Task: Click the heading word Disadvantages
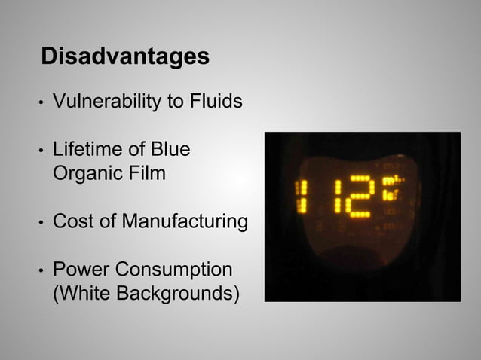125,56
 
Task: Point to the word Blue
171,150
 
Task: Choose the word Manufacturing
185,222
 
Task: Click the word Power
77,270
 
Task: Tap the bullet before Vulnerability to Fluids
42,102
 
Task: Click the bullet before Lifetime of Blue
42,151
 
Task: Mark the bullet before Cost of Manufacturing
42,223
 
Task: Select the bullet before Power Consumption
42,271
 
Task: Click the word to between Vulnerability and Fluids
176,102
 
